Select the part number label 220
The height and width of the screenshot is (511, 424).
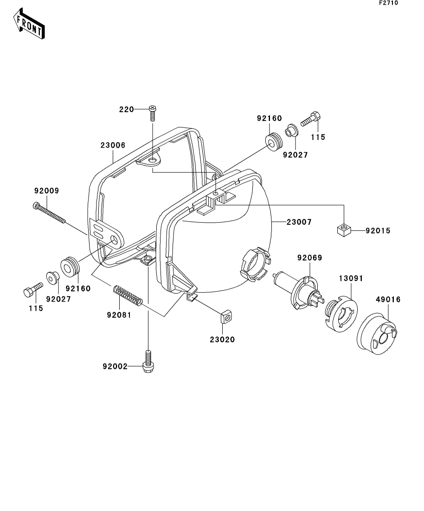(x=126, y=109)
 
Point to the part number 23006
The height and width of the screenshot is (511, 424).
(x=113, y=145)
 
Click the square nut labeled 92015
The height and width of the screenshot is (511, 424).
(x=343, y=230)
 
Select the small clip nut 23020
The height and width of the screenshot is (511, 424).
(x=226, y=318)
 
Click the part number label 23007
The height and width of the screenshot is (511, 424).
(x=299, y=222)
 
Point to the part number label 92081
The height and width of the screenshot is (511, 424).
(x=120, y=315)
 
